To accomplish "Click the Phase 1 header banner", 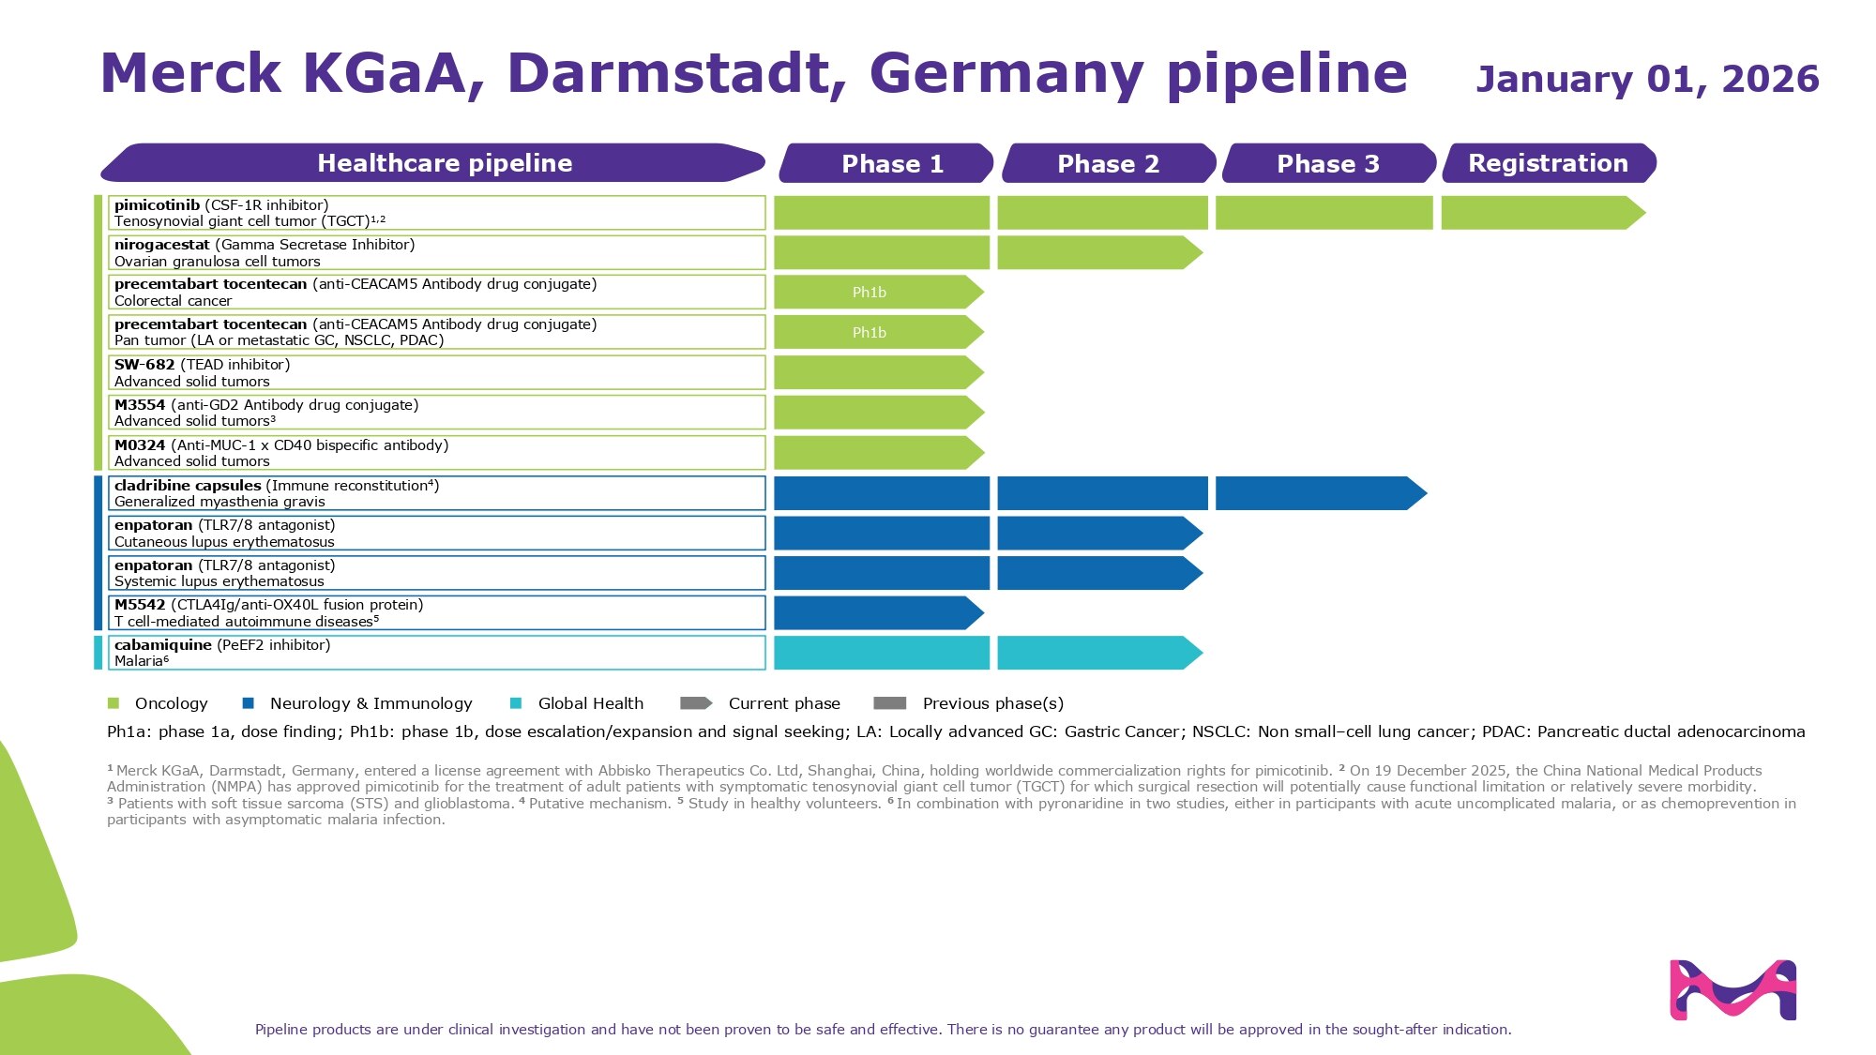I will click(886, 163).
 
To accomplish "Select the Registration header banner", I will click(1549, 163).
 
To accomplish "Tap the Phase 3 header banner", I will click(1328, 163).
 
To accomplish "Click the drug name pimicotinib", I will click(157, 205).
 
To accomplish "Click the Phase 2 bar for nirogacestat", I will click(1097, 252).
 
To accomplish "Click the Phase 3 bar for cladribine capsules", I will click(1318, 493).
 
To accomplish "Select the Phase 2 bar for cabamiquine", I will click(1097, 653).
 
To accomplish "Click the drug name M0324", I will click(140, 445).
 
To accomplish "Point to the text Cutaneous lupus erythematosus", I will click(224, 542).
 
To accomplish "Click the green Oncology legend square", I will click(113, 703).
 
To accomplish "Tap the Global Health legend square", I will click(516, 703).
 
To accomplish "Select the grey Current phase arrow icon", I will click(696, 703).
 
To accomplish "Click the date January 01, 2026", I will click(1647, 79).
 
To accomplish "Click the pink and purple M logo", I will click(1732, 989).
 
